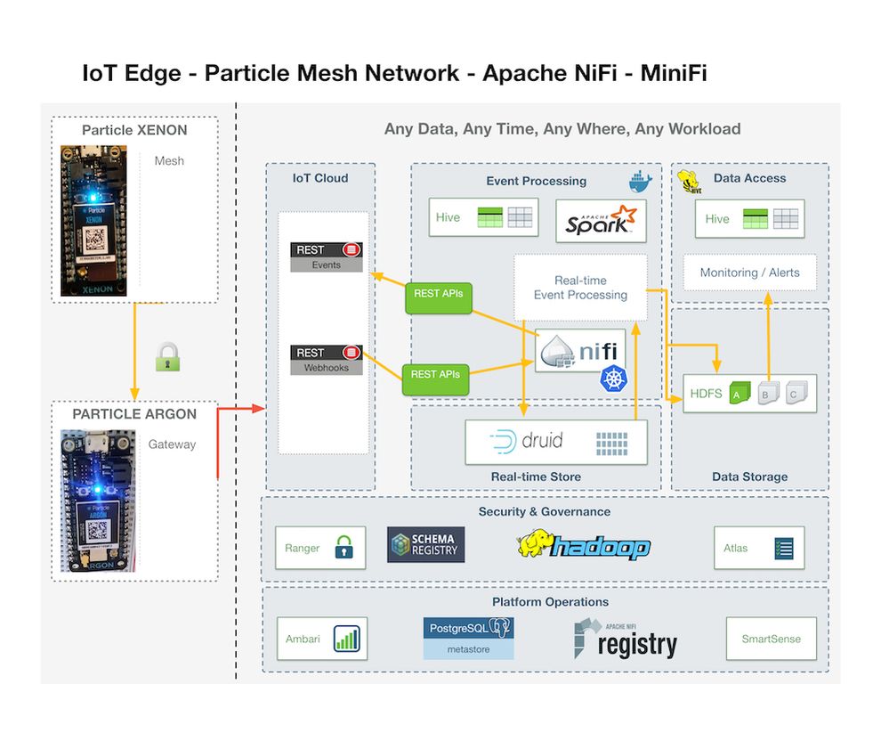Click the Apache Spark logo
[601, 222]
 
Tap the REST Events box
[327, 257]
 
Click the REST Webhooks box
[327, 359]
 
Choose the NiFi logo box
[580, 352]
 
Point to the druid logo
[557, 441]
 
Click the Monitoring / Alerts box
[749, 273]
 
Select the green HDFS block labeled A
[739, 393]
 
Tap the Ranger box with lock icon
[320, 548]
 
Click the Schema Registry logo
[425, 544]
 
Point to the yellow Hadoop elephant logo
[584, 545]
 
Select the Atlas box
[759, 548]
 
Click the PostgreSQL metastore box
[468, 639]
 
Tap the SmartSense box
[771, 639]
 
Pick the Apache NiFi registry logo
[625, 639]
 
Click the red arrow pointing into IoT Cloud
[242, 409]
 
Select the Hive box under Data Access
[750, 218]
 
